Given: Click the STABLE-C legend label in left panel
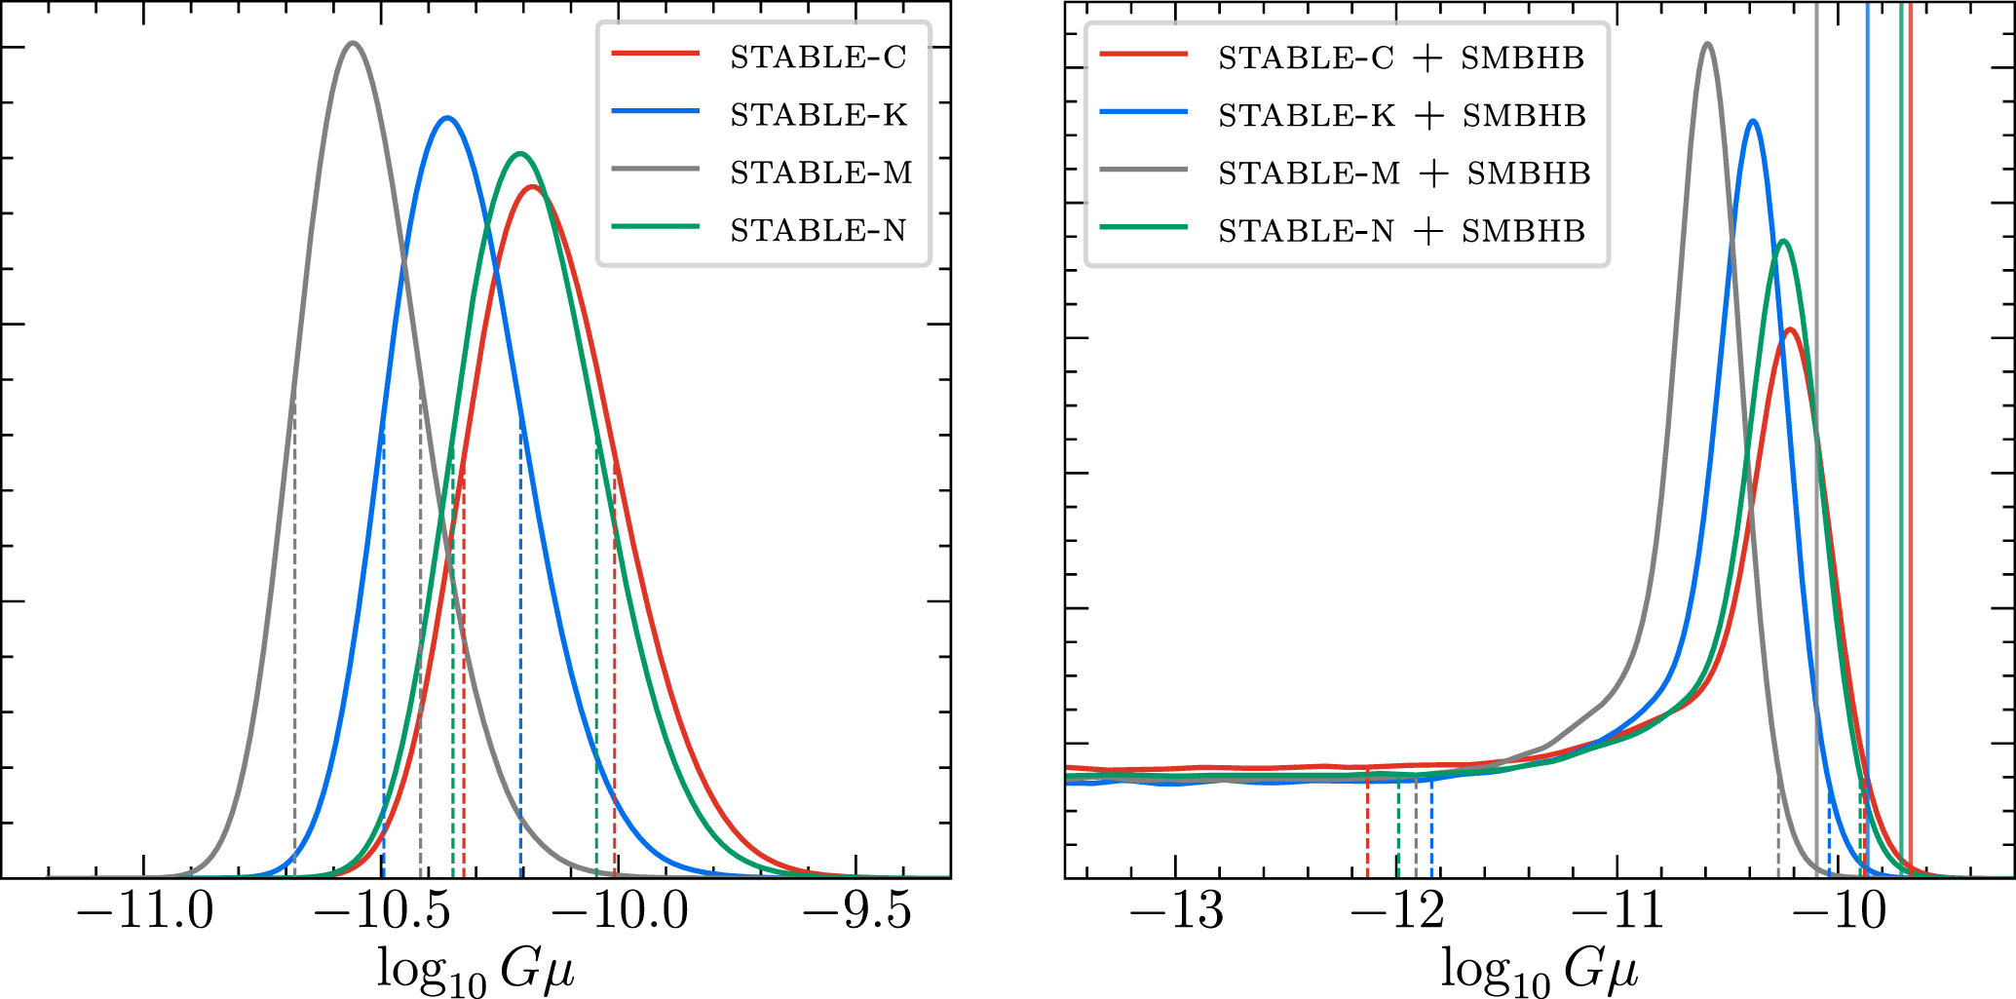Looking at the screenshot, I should click(x=818, y=58).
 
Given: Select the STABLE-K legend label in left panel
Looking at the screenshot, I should click(x=818, y=115).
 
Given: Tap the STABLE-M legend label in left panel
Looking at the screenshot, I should click(x=820, y=173).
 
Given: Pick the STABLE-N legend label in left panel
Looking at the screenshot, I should click(x=818, y=231).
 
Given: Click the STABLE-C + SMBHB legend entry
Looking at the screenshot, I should click(x=1400, y=58).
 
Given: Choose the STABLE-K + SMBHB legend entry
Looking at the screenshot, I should click(x=1401, y=116).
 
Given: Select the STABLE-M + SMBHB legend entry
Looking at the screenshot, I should click(x=1403, y=173).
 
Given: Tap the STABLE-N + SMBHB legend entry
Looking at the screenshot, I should click(x=1401, y=231).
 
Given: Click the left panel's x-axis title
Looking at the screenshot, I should click(x=475, y=971).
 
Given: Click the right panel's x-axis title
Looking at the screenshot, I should click(x=1540, y=971).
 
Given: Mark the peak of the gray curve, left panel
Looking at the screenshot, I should click(x=353, y=43).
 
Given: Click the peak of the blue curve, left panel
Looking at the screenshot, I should click(x=447, y=118).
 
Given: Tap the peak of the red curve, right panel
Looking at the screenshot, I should click(x=1790, y=329).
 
